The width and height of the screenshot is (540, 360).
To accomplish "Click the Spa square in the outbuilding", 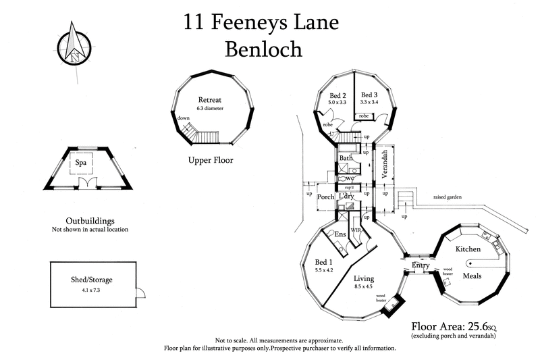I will [x=89, y=163].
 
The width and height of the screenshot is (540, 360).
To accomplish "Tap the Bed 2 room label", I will [x=337, y=95].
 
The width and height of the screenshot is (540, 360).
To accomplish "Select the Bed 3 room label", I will [x=369, y=95].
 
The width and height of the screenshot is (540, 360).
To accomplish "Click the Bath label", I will [x=346, y=158].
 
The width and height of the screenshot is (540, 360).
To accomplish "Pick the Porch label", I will [x=327, y=198].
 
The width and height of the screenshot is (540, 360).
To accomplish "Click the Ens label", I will [x=342, y=233].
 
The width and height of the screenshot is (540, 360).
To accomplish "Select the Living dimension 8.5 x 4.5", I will [x=364, y=286].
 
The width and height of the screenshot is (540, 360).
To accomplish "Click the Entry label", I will [x=421, y=267].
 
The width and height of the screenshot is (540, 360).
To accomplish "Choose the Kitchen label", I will [x=467, y=249].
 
